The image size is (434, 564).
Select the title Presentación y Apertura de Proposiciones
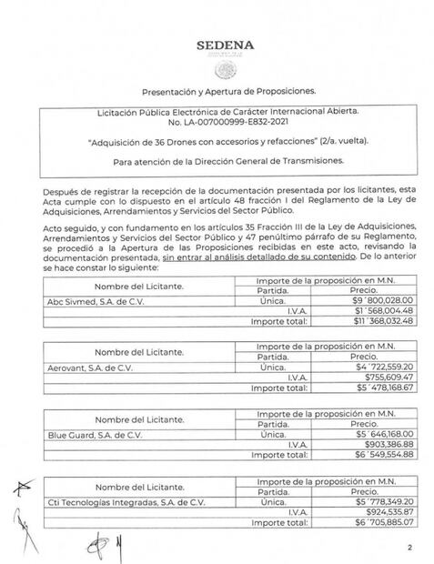(227, 93)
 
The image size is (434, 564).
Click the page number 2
(409, 547)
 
